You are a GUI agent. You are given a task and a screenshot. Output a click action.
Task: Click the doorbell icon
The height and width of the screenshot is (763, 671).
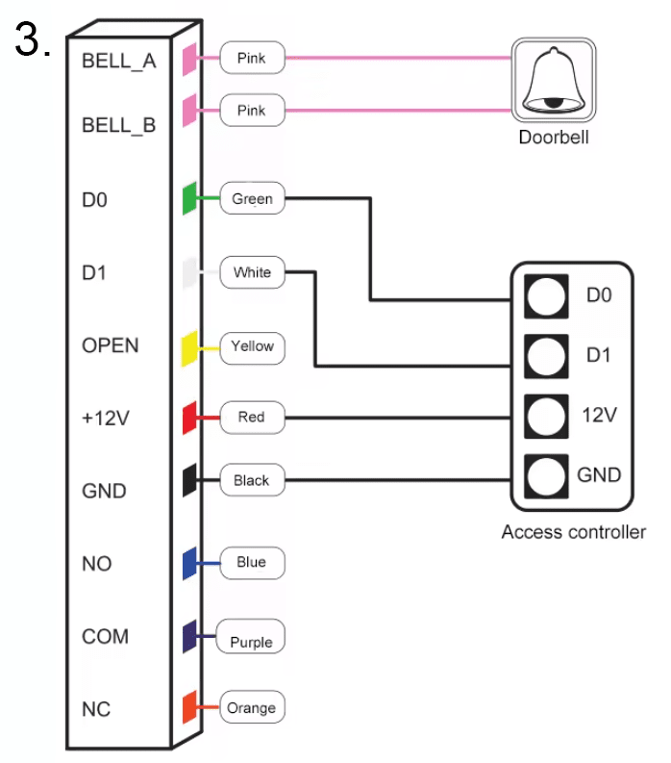pyautogui.click(x=553, y=83)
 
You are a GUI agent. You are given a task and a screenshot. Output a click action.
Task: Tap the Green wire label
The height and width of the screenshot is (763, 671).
pyautogui.click(x=252, y=200)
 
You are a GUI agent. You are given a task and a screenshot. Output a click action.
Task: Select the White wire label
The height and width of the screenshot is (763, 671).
pyautogui.click(x=252, y=272)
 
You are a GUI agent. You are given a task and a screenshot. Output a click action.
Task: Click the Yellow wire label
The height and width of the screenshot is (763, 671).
pyautogui.click(x=252, y=346)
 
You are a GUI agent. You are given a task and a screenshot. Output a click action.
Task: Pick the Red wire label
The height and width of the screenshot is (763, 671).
pyautogui.click(x=251, y=418)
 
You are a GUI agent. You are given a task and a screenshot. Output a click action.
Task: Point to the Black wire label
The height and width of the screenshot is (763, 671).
pyautogui.click(x=251, y=480)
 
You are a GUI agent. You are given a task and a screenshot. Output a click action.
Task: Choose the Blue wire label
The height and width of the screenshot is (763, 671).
pyautogui.click(x=251, y=562)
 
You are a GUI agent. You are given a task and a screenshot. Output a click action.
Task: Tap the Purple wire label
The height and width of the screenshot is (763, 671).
pyautogui.click(x=251, y=642)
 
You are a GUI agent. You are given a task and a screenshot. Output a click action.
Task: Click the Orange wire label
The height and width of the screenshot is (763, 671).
pyautogui.click(x=251, y=708)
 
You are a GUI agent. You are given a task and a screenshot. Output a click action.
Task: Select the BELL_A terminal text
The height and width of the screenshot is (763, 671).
pyautogui.click(x=119, y=61)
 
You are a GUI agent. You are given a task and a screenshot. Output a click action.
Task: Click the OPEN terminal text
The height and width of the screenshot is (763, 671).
pyautogui.click(x=111, y=345)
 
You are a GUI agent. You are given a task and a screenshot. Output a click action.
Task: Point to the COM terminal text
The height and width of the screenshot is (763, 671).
pyautogui.click(x=106, y=637)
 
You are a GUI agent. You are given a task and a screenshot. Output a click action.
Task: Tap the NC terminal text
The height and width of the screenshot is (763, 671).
pyautogui.click(x=95, y=709)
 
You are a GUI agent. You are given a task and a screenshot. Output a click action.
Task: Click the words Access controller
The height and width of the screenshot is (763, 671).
pyautogui.click(x=573, y=532)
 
